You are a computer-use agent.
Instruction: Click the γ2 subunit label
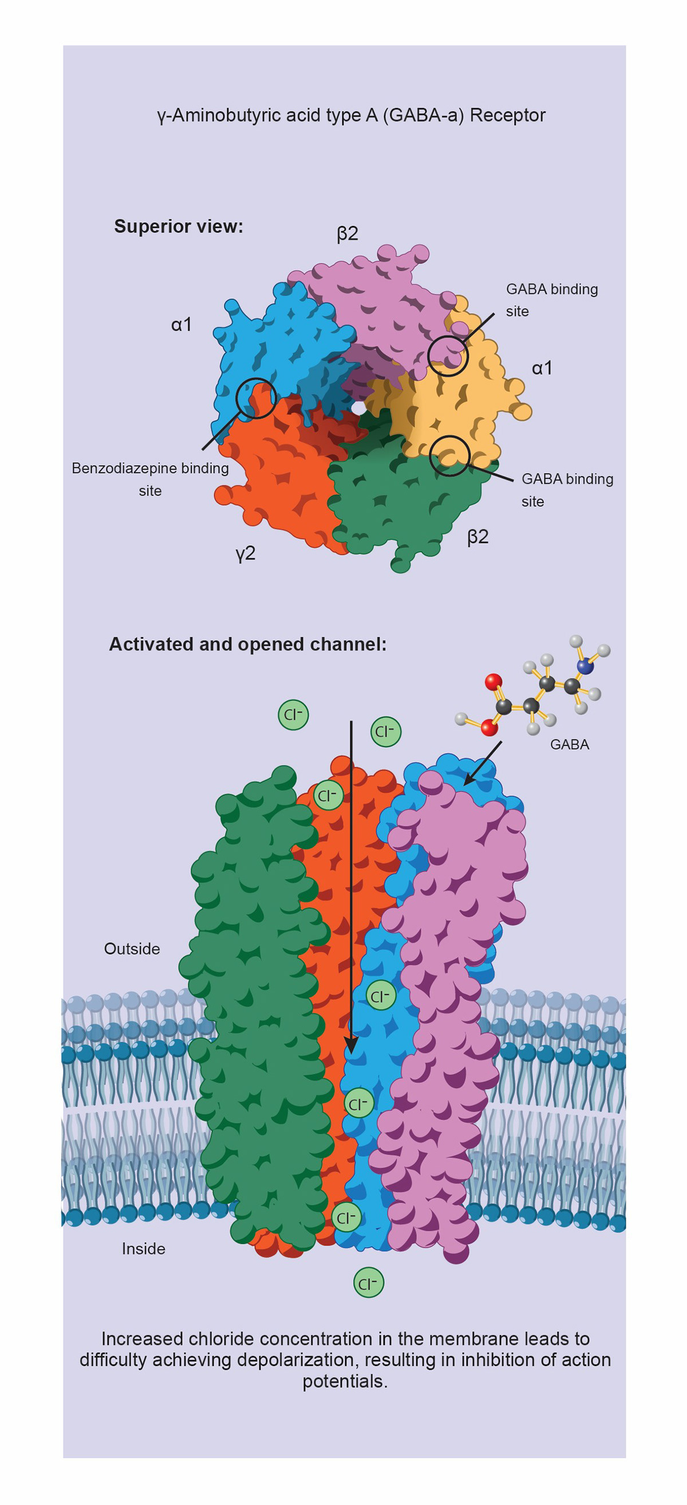(246, 553)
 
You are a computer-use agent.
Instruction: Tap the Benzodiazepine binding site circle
(256, 398)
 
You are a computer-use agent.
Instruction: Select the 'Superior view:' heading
(178, 226)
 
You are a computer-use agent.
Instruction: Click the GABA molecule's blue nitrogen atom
(584, 666)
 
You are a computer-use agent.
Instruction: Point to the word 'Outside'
(132, 948)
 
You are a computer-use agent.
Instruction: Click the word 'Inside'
(143, 1248)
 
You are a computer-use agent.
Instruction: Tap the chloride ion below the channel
(369, 1283)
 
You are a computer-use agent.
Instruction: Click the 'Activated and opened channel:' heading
(248, 644)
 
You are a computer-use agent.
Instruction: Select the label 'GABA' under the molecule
(570, 744)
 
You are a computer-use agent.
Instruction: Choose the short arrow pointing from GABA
(483, 763)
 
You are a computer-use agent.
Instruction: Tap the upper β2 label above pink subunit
(348, 234)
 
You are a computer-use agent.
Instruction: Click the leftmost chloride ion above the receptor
(293, 715)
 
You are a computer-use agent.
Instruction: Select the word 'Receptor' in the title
(508, 115)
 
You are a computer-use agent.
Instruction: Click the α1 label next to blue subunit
(181, 324)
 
